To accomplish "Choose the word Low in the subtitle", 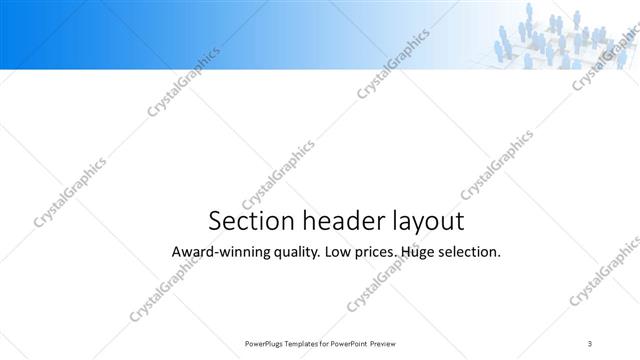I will [341, 252].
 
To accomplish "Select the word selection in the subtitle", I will [469, 252].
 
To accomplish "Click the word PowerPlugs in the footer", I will [264, 344].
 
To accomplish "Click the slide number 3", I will [589, 344].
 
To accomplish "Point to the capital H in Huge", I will [404, 252].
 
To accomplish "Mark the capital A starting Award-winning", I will [177, 252].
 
